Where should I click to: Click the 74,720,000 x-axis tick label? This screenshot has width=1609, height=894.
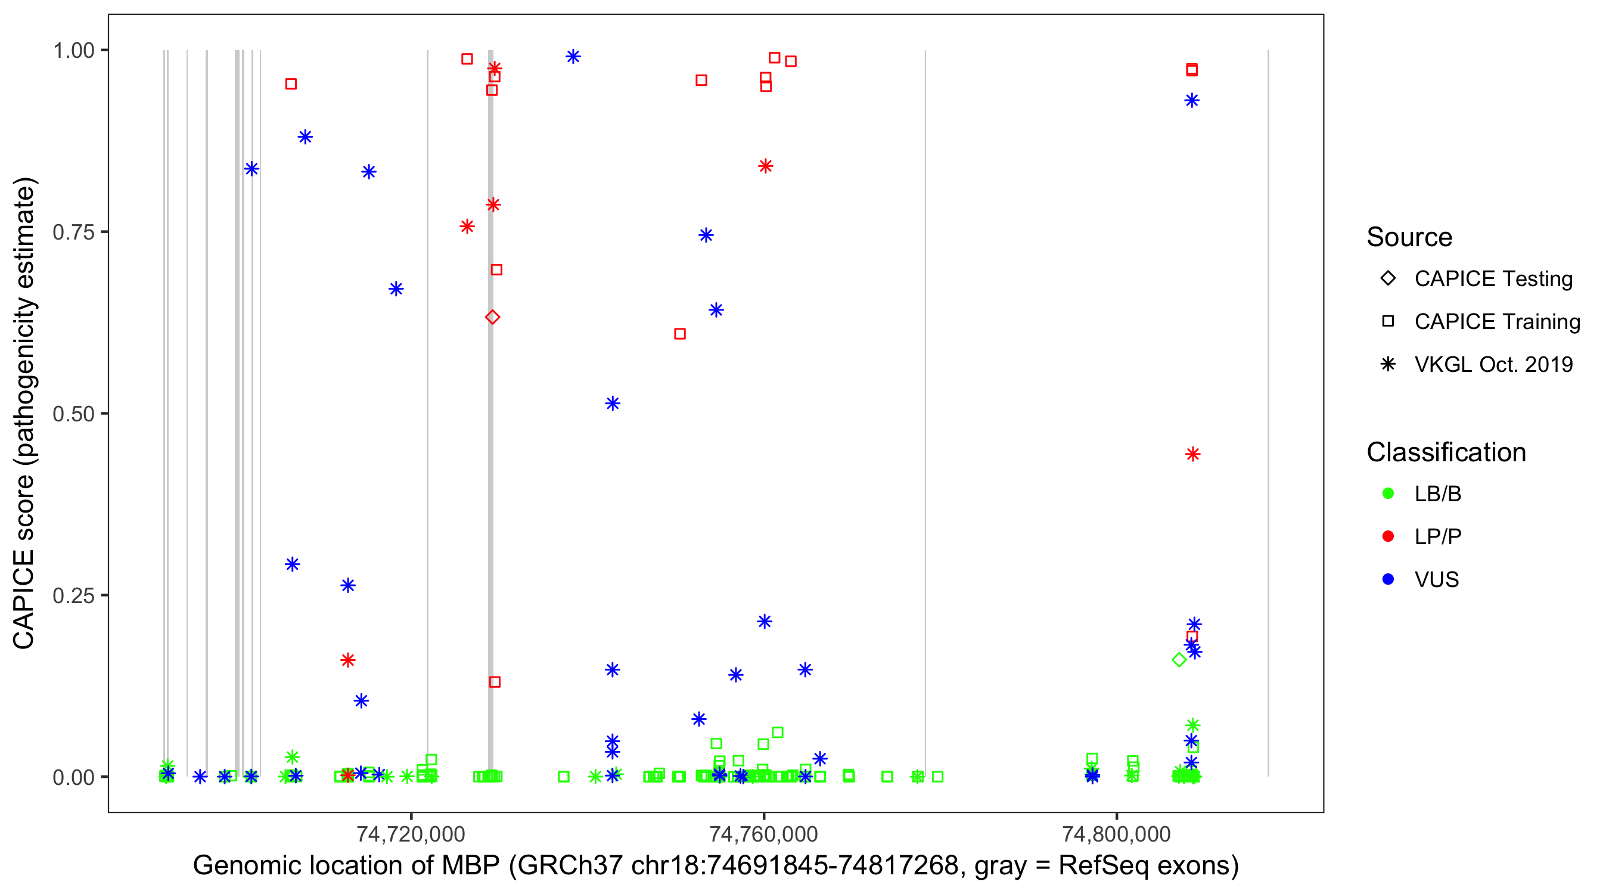(411, 834)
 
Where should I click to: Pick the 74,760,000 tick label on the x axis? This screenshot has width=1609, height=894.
(763, 834)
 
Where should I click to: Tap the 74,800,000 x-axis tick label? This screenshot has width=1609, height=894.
(1116, 834)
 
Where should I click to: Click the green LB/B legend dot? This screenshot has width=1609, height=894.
(1388, 494)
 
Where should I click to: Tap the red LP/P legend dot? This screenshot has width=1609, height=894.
(1388, 536)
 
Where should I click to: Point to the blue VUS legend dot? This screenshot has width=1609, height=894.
(1388, 580)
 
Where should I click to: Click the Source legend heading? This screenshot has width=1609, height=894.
(1409, 237)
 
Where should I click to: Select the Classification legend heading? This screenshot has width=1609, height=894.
(1446, 452)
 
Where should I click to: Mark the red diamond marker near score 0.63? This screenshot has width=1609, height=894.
(492, 317)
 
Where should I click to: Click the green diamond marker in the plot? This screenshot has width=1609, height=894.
(1179, 660)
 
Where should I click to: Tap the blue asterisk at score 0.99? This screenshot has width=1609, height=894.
(573, 57)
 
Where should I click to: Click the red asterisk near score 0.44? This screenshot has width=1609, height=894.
(1192, 454)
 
